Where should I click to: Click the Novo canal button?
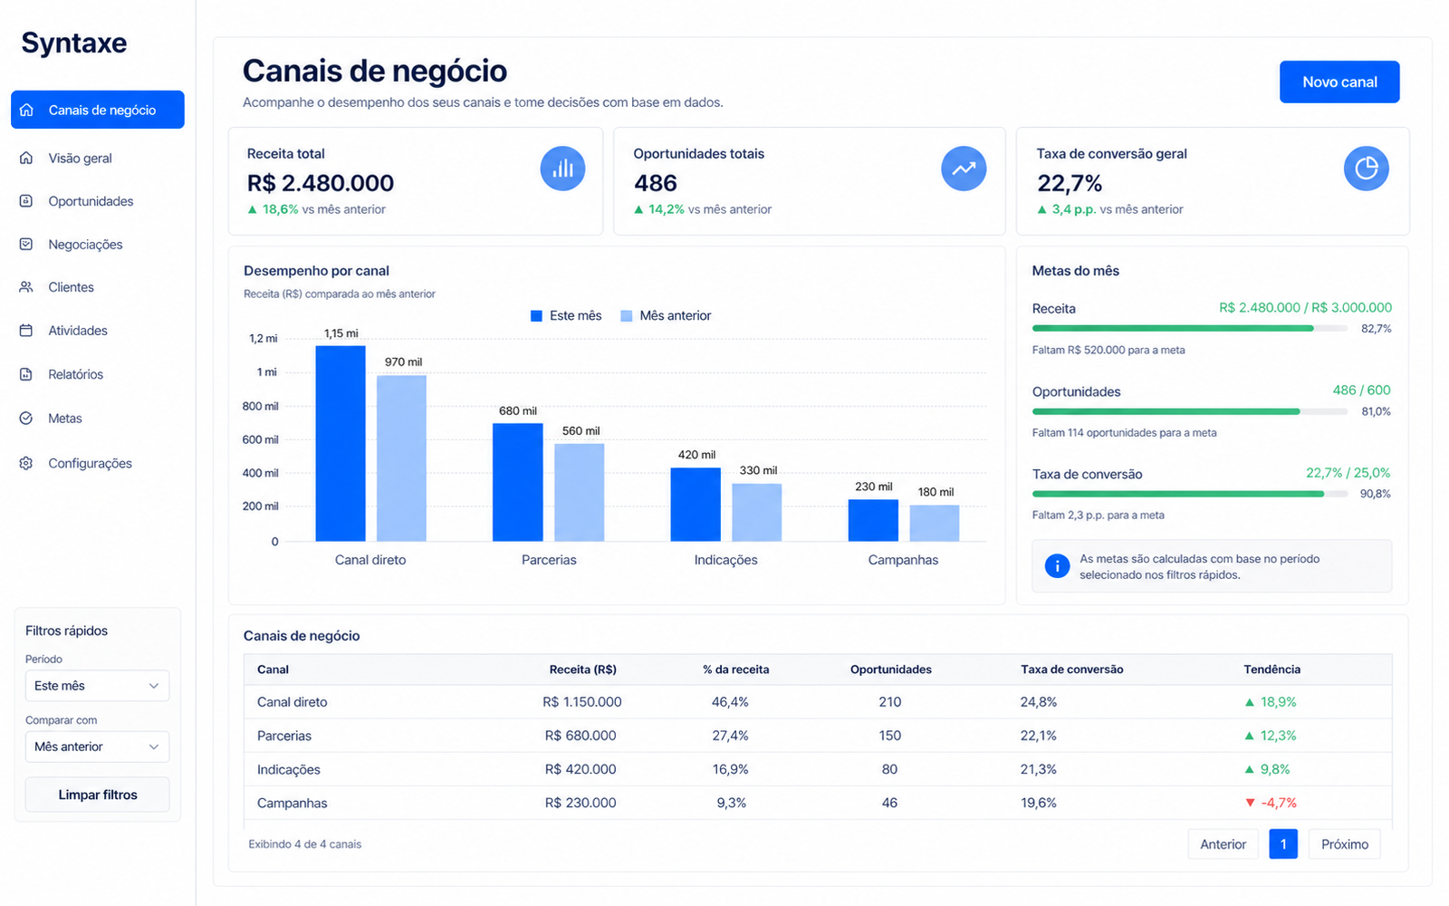(x=1339, y=82)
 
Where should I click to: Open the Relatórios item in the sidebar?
(x=75, y=374)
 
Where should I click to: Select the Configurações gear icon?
(x=26, y=463)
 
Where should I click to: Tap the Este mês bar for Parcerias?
(x=517, y=482)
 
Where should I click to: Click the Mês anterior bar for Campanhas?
(x=935, y=523)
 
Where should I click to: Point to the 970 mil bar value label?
(x=403, y=361)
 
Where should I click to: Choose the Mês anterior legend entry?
(x=666, y=316)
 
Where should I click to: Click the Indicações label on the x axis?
(x=725, y=560)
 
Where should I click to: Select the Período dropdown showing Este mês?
(x=97, y=685)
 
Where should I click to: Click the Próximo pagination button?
(x=1344, y=843)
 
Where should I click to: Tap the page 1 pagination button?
(x=1283, y=843)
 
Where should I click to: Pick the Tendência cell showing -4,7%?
(x=1271, y=803)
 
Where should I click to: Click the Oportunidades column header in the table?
(x=891, y=670)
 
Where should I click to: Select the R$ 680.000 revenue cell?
(x=581, y=736)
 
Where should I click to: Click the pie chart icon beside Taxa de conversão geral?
(x=1367, y=169)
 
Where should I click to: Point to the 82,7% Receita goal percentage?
(x=1376, y=329)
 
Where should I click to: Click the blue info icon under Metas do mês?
(x=1057, y=566)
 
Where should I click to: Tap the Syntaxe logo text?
(x=73, y=43)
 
